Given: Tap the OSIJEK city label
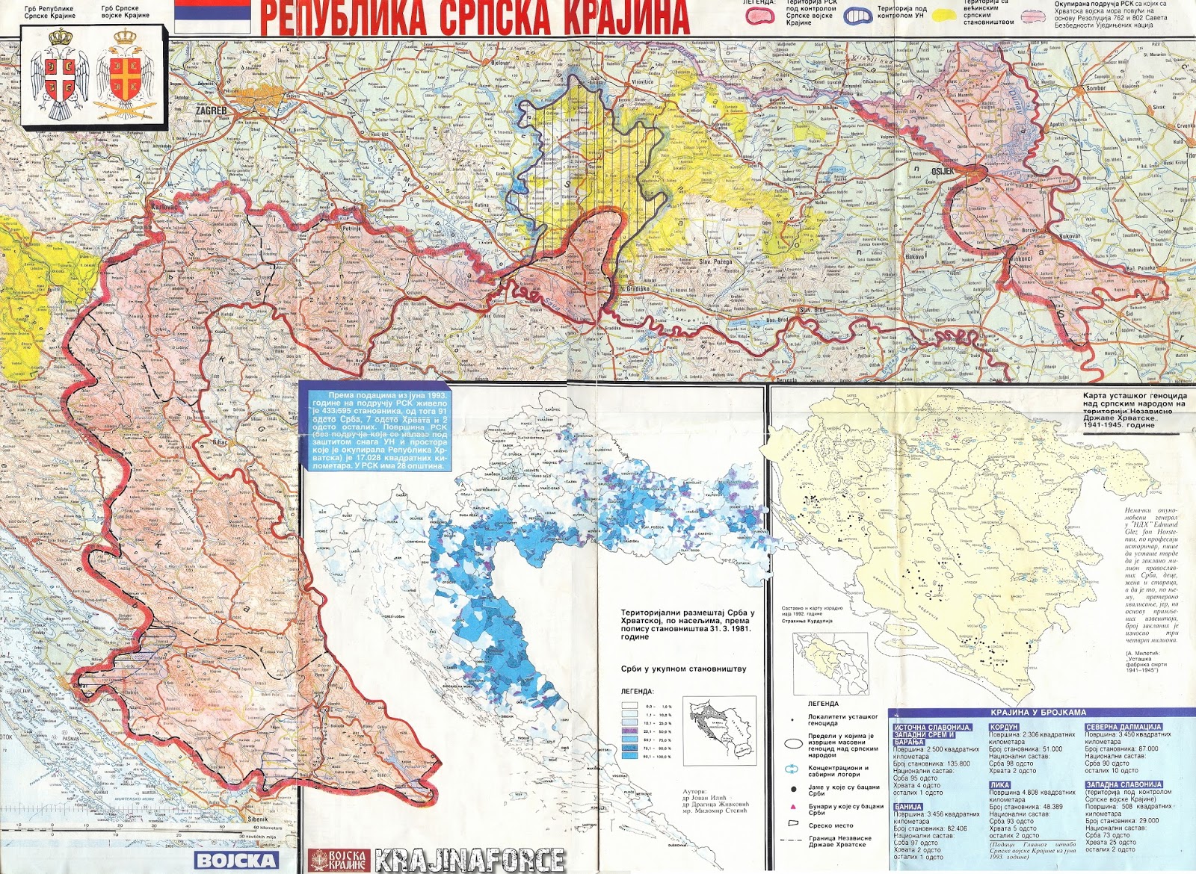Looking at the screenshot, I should [943, 171].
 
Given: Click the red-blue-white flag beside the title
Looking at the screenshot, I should [212, 16].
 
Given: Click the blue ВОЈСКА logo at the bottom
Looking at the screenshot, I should [235, 860].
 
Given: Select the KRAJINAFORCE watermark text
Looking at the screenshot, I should [469, 860].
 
